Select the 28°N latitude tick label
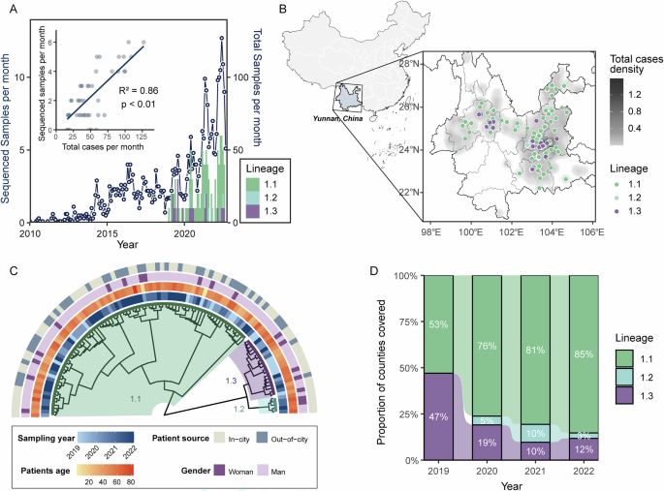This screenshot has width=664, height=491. (414, 65)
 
